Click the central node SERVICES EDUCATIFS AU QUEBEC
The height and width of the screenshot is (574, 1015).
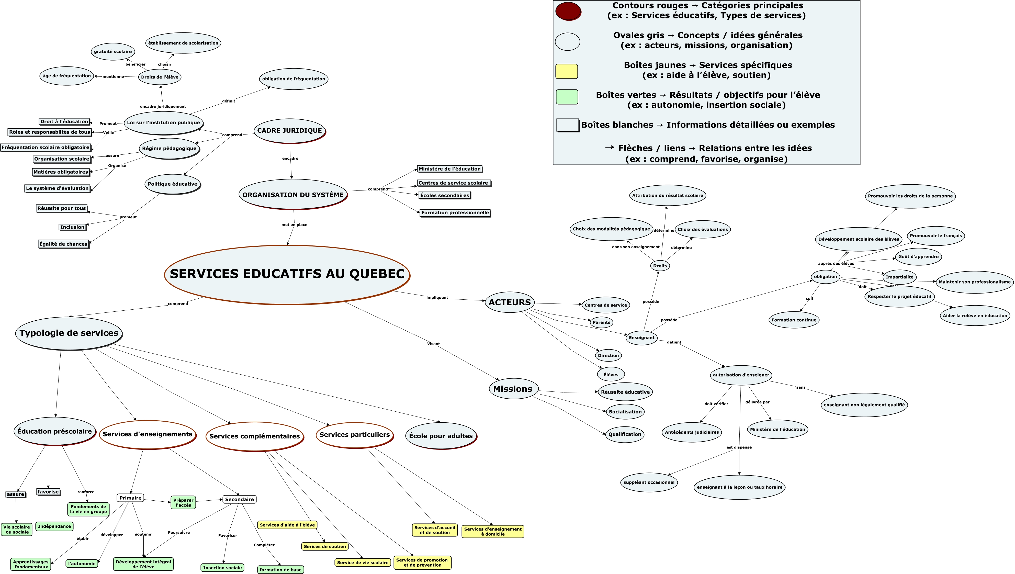point(287,274)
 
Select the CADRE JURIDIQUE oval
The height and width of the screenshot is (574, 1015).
point(289,130)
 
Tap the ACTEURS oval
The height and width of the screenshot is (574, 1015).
point(509,302)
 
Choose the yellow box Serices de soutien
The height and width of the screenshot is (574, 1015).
point(325,546)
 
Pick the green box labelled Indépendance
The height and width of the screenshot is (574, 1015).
point(54,526)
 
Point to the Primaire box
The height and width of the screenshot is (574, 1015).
point(130,498)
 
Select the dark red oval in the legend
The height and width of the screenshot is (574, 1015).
point(568,11)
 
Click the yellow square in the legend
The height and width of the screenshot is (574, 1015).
point(566,71)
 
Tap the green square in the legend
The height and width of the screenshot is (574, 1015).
point(566,97)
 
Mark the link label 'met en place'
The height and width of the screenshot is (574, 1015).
point(294,225)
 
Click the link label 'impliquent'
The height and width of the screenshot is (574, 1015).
point(437,298)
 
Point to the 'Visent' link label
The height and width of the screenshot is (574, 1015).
point(433,344)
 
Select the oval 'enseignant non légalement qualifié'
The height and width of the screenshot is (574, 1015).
point(864,405)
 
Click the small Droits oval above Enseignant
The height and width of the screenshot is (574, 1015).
point(660,266)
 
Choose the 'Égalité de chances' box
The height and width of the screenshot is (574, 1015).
point(63,244)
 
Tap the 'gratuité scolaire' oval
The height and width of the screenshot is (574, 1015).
point(113,52)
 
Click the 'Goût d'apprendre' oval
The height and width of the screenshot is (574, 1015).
point(918,257)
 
